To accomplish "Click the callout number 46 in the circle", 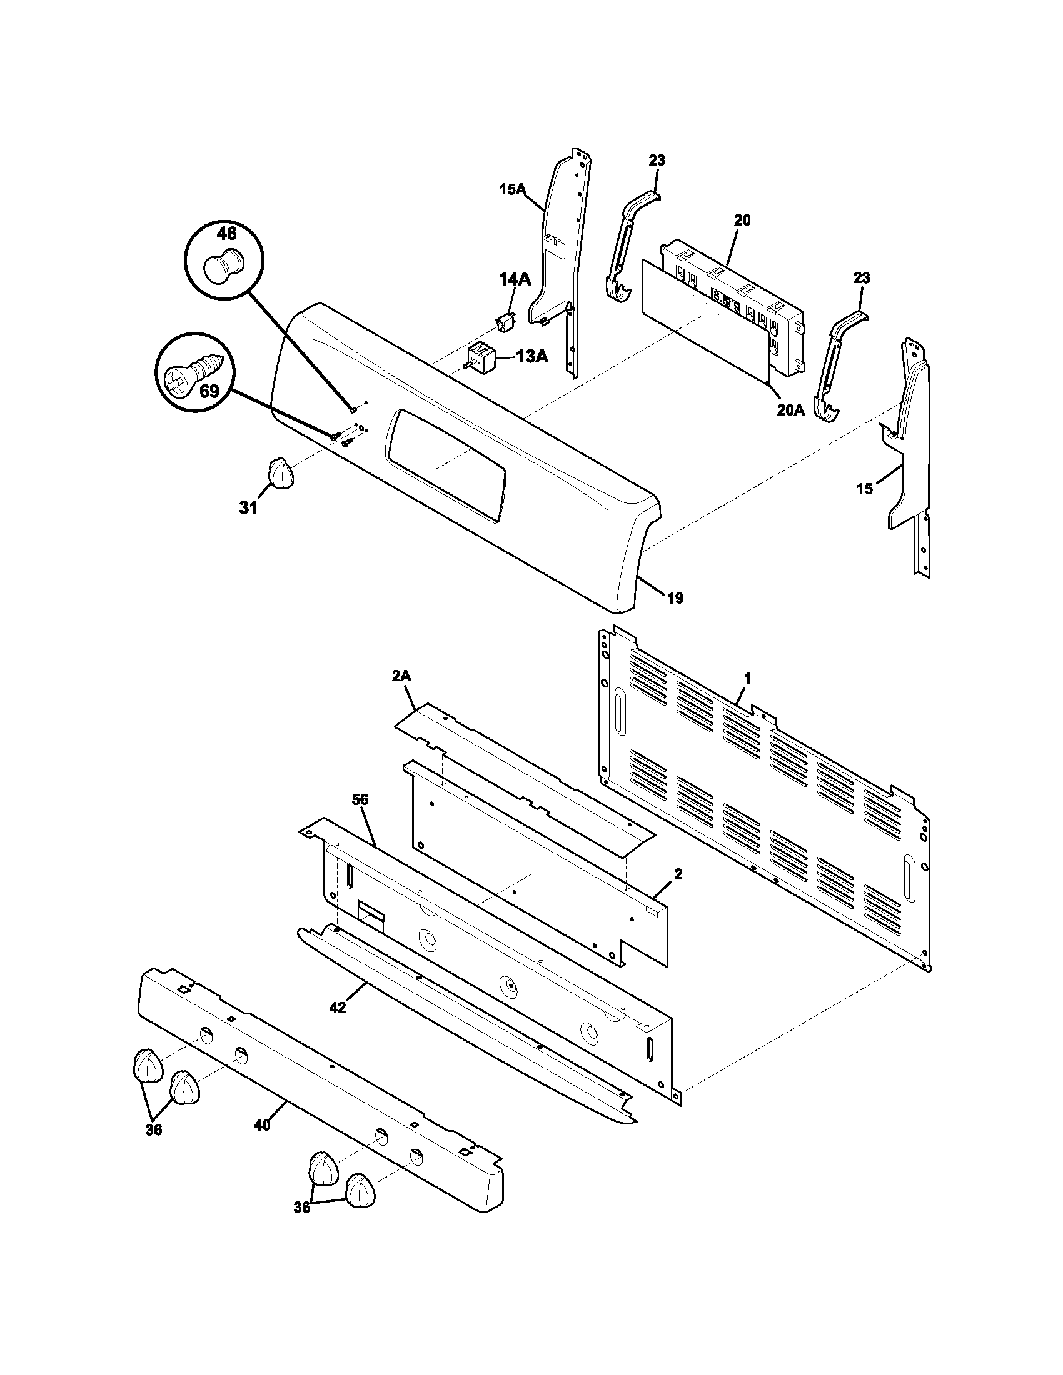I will tap(226, 234).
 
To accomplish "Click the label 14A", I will tap(515, 279).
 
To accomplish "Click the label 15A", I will tap(513, 189).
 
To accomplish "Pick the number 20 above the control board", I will tap(742, 221).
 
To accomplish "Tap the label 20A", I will tap(790, 411).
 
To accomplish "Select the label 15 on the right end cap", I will tap(865, 488).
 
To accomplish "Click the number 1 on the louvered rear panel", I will tap(747, 678).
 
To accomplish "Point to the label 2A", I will tap(401, 676).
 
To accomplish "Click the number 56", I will tap(360, 799).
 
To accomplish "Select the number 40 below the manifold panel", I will tap(262, 1124).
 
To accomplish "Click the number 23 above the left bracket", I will tap(657, 161).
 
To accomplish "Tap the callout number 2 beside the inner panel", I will tap(678, 874).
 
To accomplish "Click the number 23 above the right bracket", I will tap(862, 277).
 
